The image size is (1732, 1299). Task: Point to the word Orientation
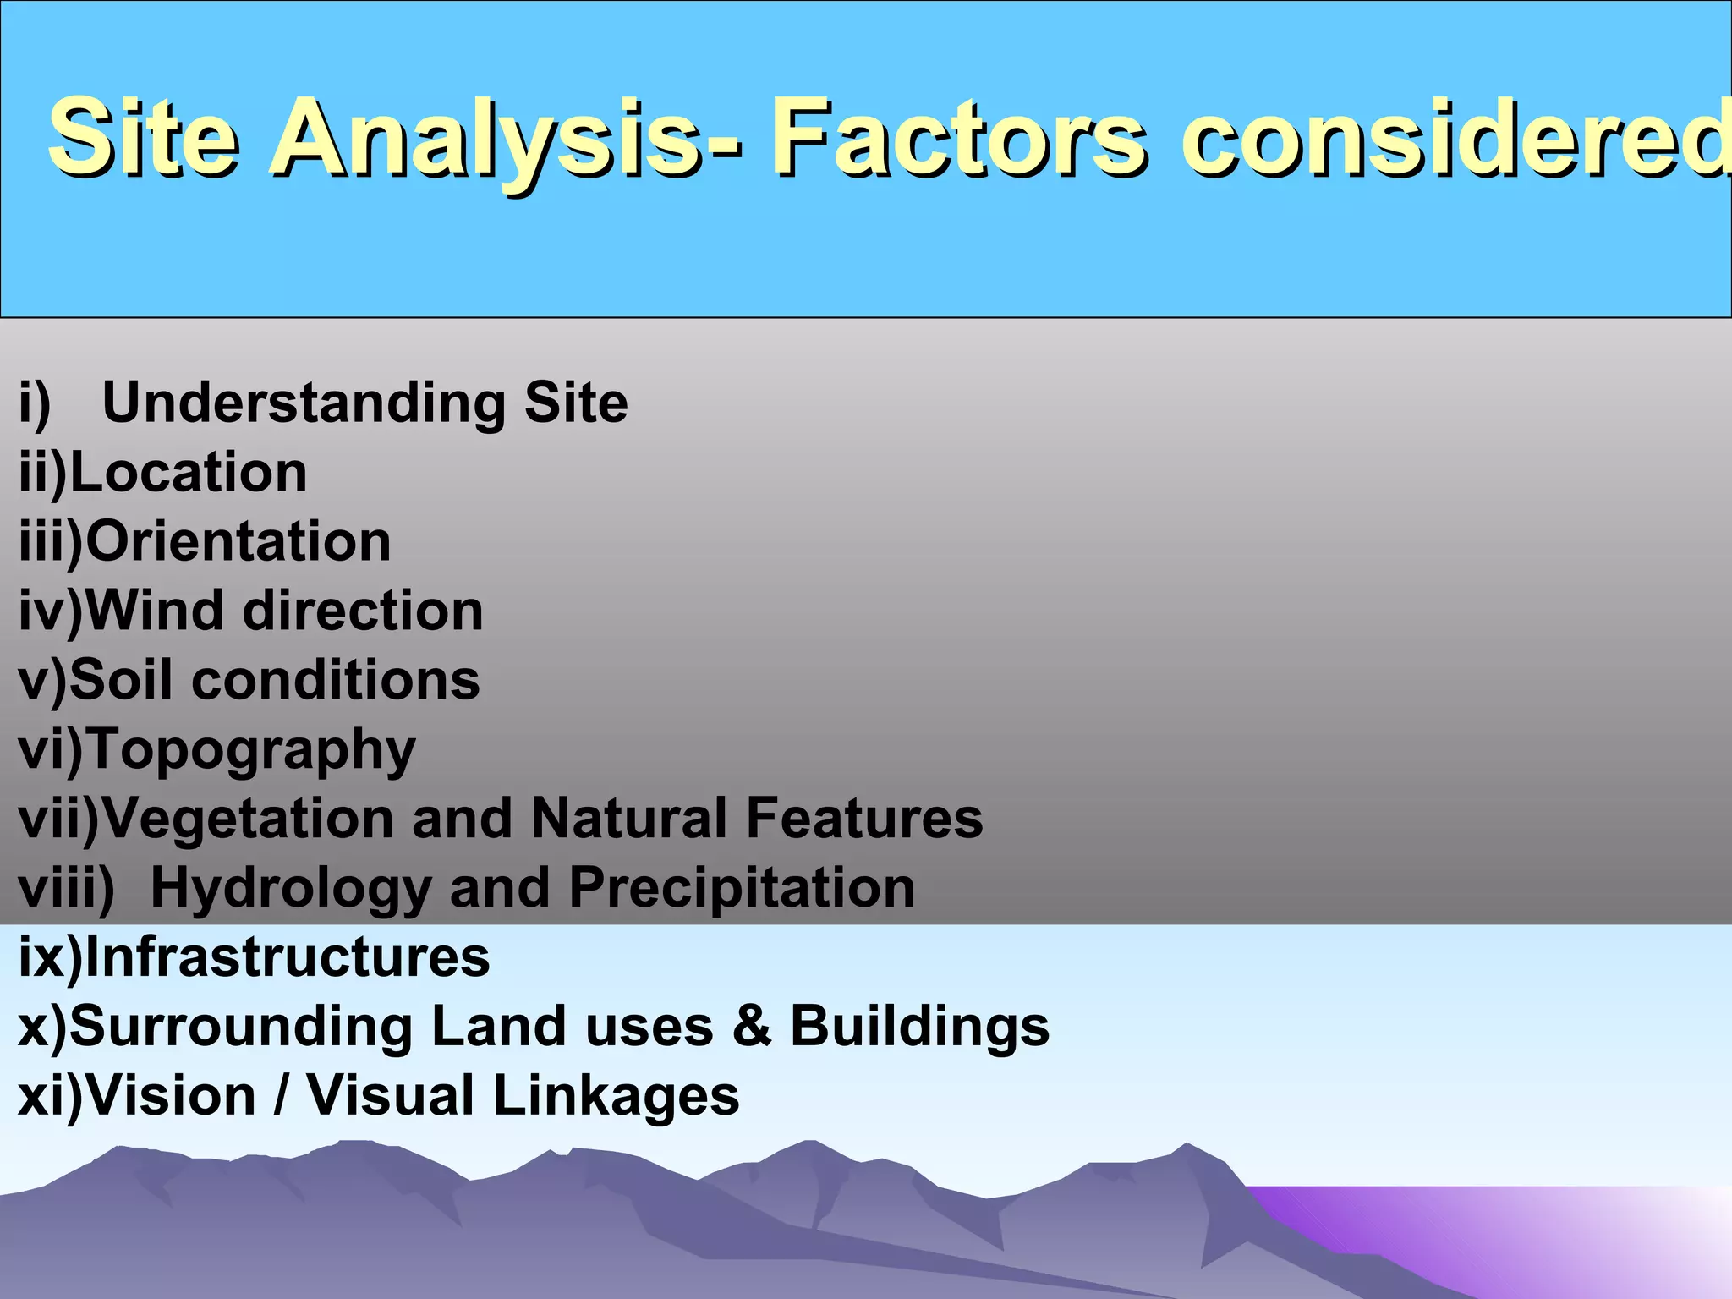click(x=238, y=541)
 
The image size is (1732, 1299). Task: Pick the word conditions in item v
click(x=336, y=680)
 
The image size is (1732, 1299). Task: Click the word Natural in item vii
click(x=629, y=819)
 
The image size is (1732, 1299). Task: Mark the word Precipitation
click(x=742, y=888)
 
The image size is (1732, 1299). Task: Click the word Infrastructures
click(x=288, y=957)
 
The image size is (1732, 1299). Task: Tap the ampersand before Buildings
click(x=752, y=1027)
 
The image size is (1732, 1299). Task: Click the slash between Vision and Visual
click(x=281, y=1096)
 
